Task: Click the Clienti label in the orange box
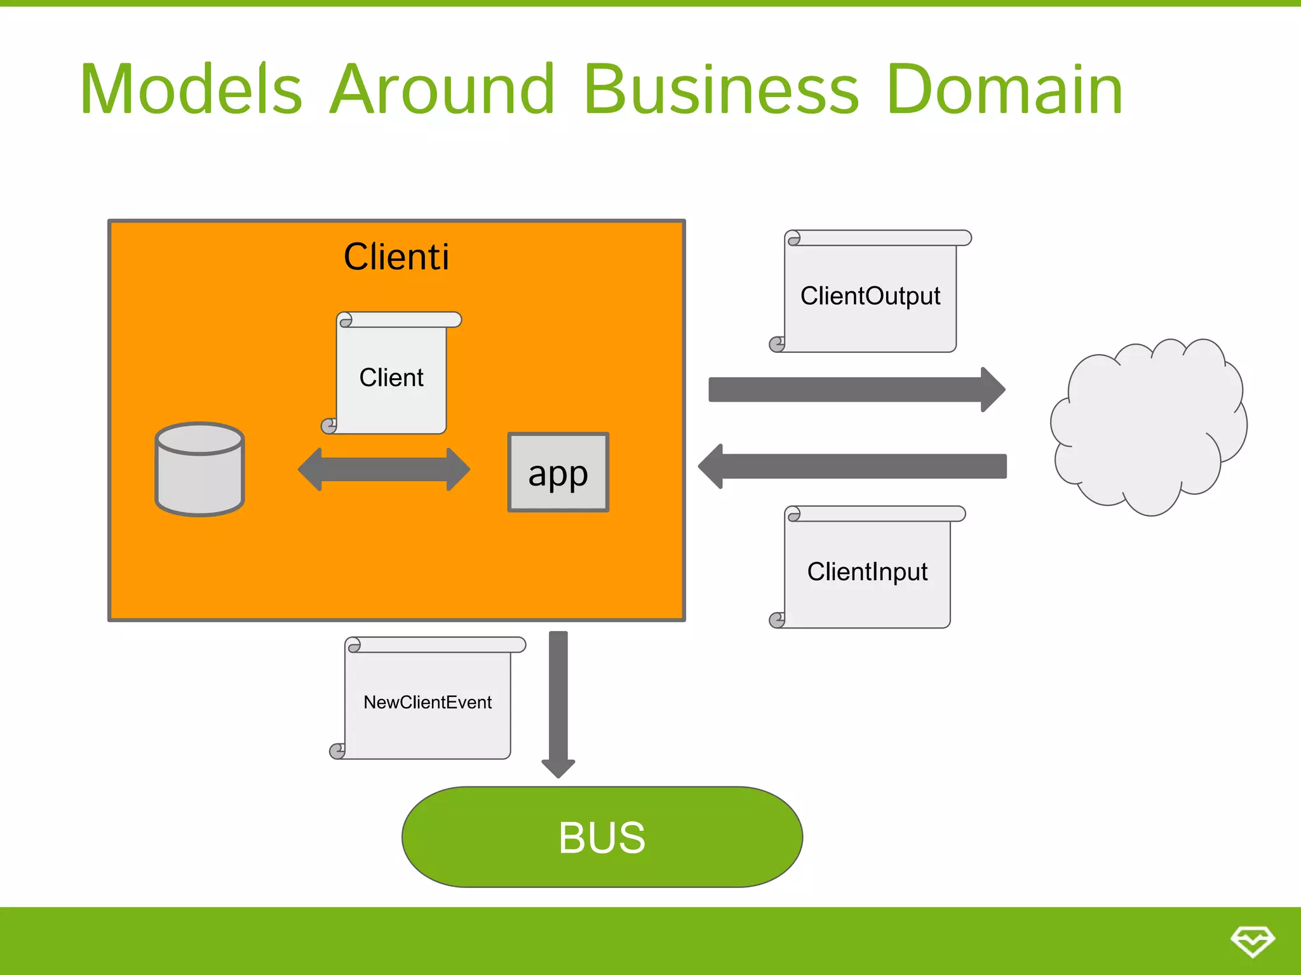pyautogui.click(x=396, y=257)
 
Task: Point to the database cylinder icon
pyautogui.click(x=199, y=470)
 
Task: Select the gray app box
pyautogui.click(x=558, y=472)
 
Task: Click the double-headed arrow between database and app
pyautogui.click(x=384, y=470)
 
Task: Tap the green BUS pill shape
pyautogui.click(x=602, y=837)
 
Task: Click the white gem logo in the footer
pyautogui.click(x=1252, y=941)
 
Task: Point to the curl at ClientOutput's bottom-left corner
pyautogui.click(x=777, y=345)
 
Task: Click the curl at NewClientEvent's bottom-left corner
pyautogui.click(x=337, y=752)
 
